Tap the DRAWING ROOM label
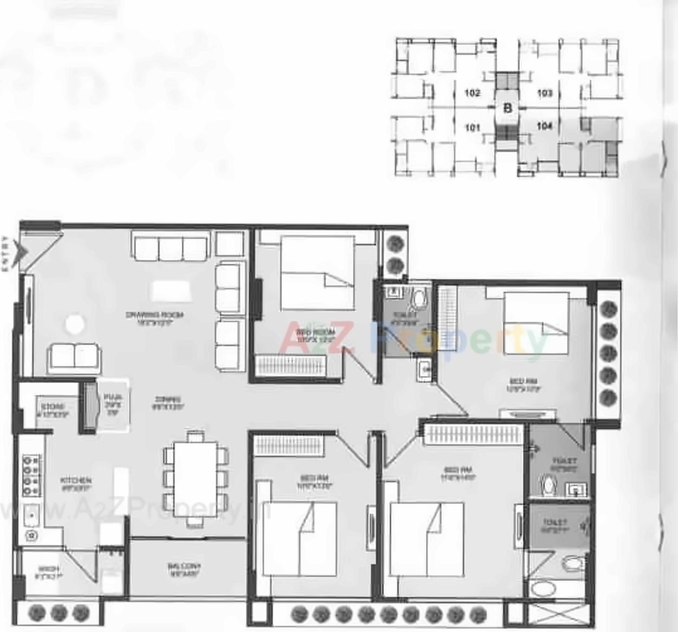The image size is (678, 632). pyautogui.click(x=154, y=315)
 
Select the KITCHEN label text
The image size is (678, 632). pyautogui.click(x=76, y=481)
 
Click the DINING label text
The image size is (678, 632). pyautogui.click(x=168, y=400)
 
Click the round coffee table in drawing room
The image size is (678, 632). pyautogui.click(x=75, y=324)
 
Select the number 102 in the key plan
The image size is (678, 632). pyautogui.click(x=473, y=93)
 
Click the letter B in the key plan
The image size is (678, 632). pyautogui.click(x=508, y=107)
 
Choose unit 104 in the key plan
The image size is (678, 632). pyautogui.click(x=544, y=126)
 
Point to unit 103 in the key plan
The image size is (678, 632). pyautogui.click(x=544, y=93)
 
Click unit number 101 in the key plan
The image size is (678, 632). pyautogui.click(x=473, y=128)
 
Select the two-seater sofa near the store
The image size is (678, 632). pyautogui.click(x=73, y=357)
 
